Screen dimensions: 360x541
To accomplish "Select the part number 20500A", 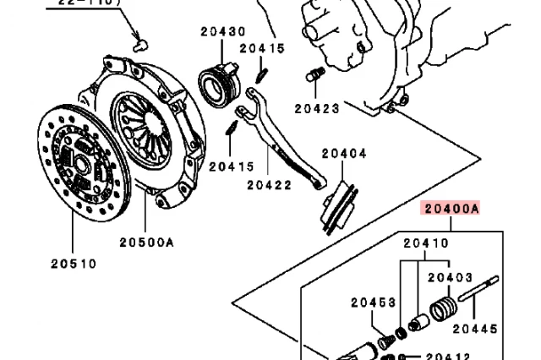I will click(146, 243).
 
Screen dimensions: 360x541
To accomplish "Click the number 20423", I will click(317, 108).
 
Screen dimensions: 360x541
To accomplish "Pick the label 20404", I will click(343, 154).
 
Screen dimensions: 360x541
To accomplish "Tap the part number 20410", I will click(425, 243).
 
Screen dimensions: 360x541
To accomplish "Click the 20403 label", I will click(449, 276).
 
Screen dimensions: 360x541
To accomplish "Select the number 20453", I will click(374, 302).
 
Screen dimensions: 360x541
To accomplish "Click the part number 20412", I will click(447, 357).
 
